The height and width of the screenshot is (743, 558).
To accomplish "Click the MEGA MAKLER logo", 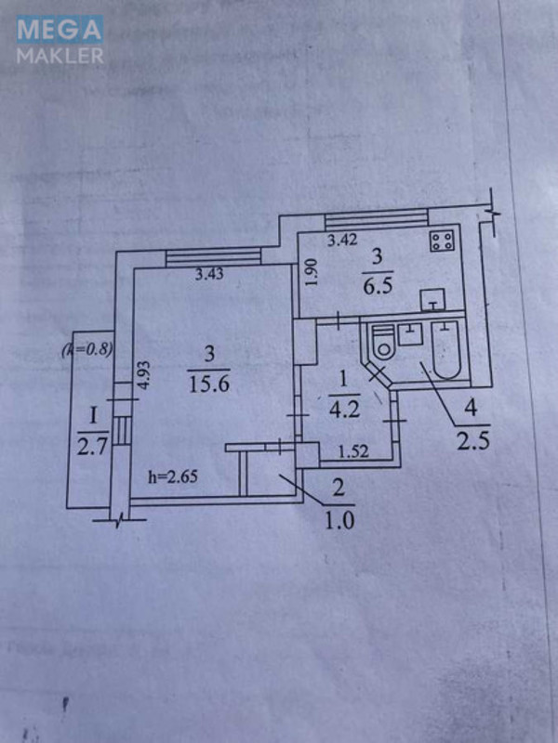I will tap(60, 41).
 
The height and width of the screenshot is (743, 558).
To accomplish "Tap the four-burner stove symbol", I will tap(441, 241).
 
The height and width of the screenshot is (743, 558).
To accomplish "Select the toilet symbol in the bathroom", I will tap(381, 345).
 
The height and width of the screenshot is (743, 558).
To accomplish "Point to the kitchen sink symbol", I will tap(432, 300).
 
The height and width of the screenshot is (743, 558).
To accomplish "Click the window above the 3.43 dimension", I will tap(214, 258).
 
